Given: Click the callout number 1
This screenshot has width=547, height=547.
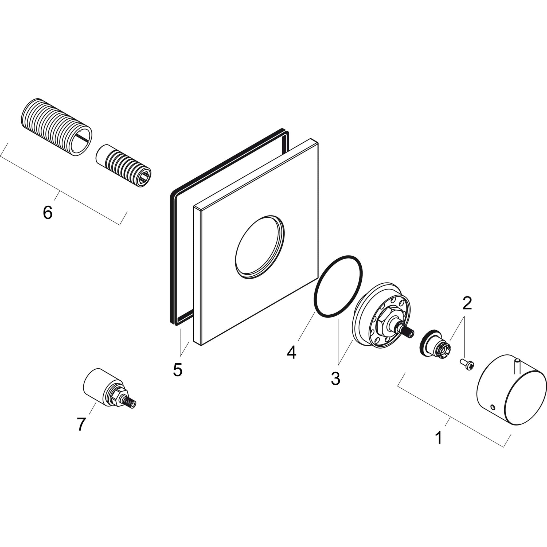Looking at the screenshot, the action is [x=439, y=446].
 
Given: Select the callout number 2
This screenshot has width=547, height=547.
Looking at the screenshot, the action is [x=467, y=303].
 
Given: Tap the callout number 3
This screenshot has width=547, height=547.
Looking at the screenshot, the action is [x=335, y=378].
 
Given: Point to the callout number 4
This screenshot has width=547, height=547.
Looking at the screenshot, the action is [x=291, y=353].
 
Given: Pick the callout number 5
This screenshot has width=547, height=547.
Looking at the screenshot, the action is [x=178, y=370].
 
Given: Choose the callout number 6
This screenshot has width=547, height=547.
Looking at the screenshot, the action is [x=48, y=212].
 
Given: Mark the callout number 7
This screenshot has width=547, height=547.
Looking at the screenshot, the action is [x=81, y=424].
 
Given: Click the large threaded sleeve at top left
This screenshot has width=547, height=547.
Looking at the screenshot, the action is [x=57, y=127].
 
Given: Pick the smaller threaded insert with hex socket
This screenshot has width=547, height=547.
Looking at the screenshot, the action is [x=123, y=166].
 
